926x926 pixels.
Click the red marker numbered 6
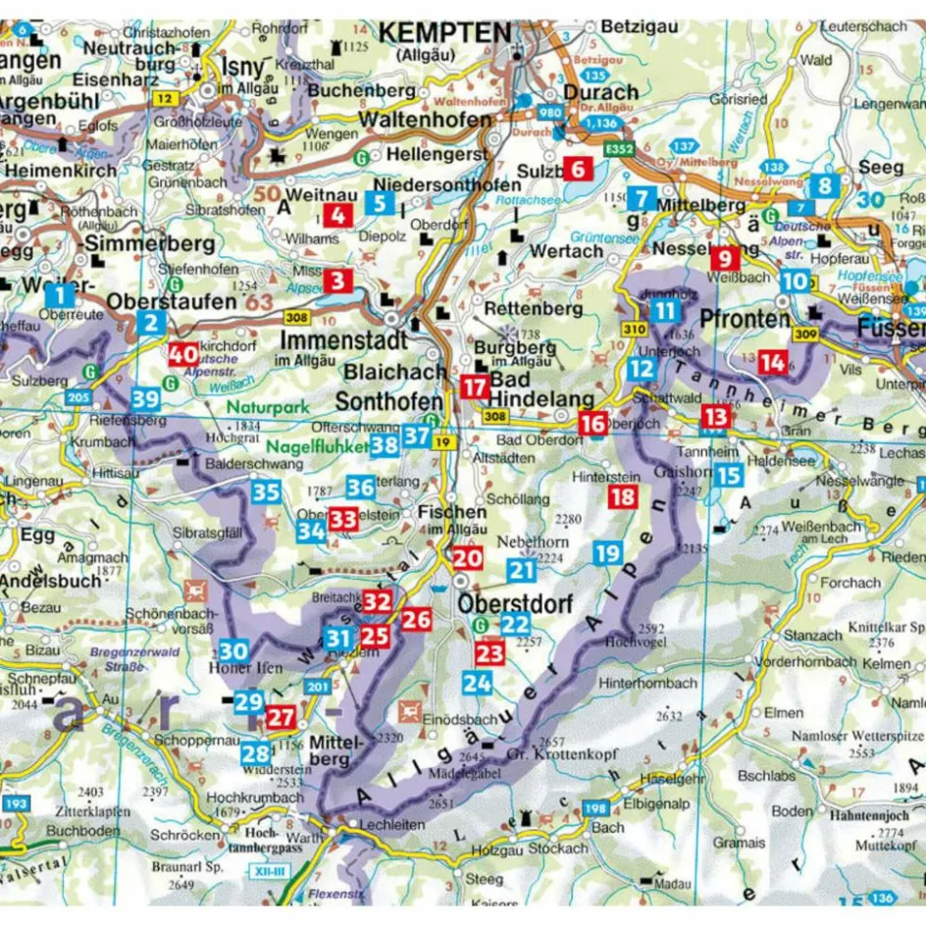coord(578,169)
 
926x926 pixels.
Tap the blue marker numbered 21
coord(522,569)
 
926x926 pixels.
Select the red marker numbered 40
coord(181,355)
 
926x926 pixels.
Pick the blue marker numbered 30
coord(233,650)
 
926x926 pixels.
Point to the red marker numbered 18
coord(622,496)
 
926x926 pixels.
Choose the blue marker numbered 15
coord(727,477)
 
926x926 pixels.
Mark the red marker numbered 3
coord(338,282)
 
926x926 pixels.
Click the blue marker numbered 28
coord(255,753)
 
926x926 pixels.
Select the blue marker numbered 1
coord(60,294)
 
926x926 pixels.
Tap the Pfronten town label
coord(746,320)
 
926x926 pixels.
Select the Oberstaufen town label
coord(173,301)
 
